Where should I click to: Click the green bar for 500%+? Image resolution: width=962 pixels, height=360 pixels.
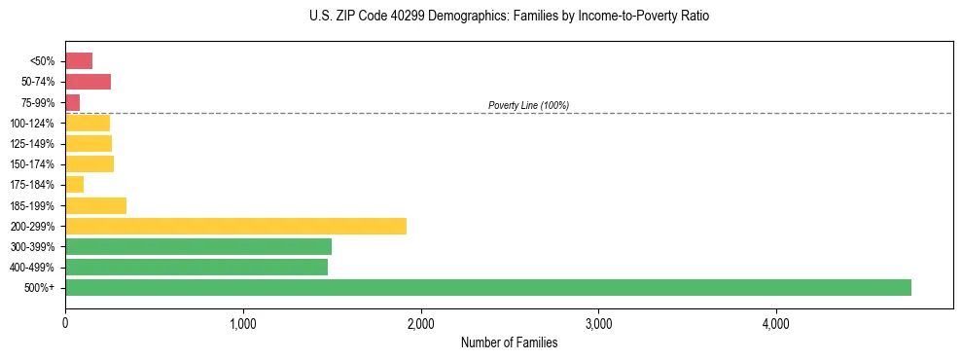point(487,287)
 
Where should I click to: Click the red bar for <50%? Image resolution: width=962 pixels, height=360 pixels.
point(79,61)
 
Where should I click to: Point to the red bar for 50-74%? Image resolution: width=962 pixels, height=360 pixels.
point(88,82)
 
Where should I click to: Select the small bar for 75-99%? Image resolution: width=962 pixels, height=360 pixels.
point(73,102)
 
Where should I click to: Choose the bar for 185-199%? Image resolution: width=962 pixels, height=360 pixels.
point(95,205)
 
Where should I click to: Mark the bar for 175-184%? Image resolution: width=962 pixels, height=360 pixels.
point(75,185)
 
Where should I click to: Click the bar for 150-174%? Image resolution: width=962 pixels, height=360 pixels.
point(89,164)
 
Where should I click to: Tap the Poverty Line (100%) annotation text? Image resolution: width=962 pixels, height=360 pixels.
point(528,105)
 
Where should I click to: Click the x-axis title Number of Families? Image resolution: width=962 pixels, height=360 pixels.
point(509,342)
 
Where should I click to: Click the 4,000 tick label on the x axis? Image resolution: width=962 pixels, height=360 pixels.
point(775,322)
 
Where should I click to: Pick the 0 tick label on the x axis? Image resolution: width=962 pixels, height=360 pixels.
point(65,322)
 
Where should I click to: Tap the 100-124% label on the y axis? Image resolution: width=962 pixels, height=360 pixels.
point(32,124)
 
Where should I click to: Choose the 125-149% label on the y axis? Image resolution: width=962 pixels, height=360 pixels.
point(32,144)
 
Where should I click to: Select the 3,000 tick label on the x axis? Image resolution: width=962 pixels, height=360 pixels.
point(598,322)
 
